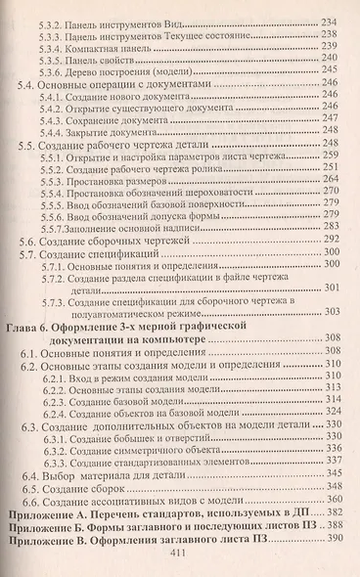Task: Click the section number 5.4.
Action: point(30,85)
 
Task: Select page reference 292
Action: point(331,238)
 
